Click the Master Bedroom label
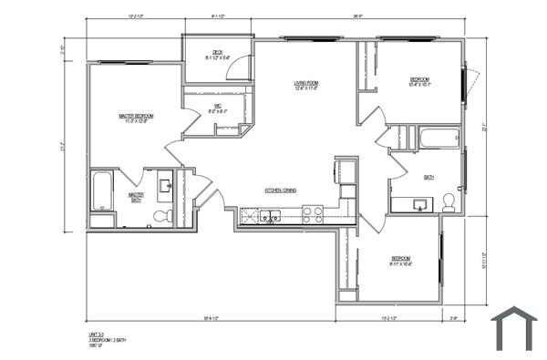point(136,117)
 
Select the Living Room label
point(305,84)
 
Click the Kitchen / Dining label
point(281,190)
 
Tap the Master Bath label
point(136,196)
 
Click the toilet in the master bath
point(161,216)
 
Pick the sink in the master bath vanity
point(166,187)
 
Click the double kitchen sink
point(269,216)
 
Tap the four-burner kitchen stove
point(313,215)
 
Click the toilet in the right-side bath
point(449,202)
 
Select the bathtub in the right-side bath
point(439,139)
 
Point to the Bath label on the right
point(428,178)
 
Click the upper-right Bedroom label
point(418,80)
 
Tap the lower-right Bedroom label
point(401,262)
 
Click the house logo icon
point(513,328)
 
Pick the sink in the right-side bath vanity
point(420,203)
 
